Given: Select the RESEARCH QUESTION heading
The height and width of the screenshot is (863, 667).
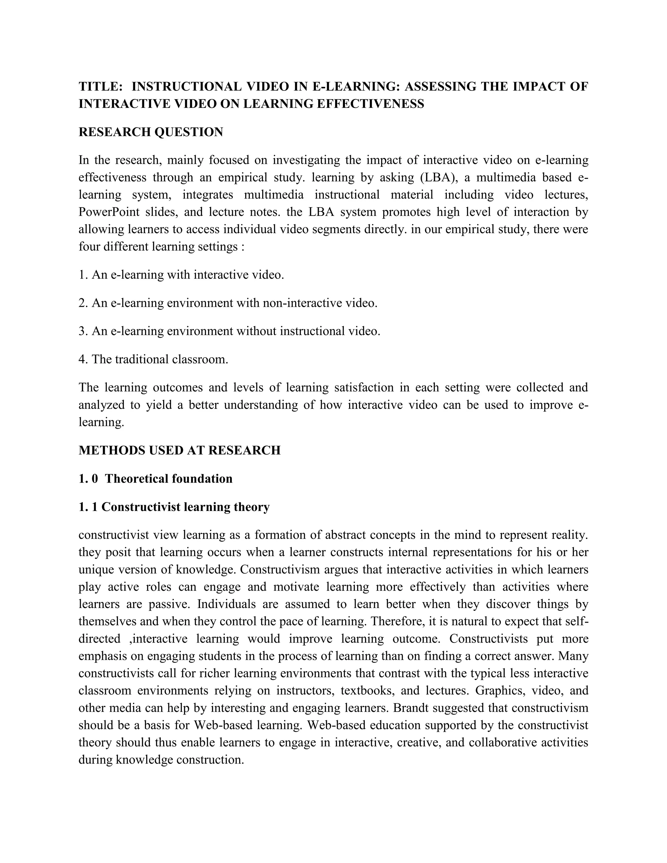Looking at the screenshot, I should [150, 132].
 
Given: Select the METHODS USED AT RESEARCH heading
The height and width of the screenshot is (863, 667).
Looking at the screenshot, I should [179, 450].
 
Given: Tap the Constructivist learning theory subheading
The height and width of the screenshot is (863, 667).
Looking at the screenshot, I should [185, 507].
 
